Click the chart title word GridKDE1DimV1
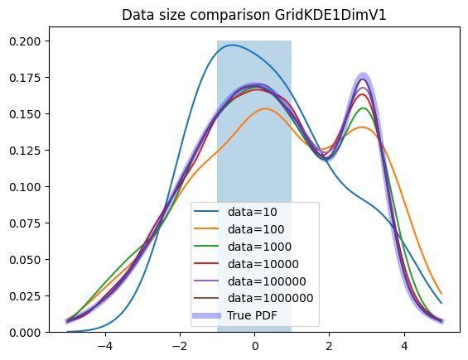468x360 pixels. pyautogui.click(x=330, y=15)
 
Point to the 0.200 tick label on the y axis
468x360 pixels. pyautogui.click(x=25, y=41)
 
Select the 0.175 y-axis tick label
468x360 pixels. pyautogui.click(x=25, y=78)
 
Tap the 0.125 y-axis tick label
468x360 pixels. pyautogui.click(x=25, y=151)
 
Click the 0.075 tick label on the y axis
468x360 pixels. pyautogui.click(x=25, y=223)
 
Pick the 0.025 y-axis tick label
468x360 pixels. pyautogui.click(x=25, y=296)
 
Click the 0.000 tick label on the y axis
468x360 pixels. pyautogui.click(x=25, y=332)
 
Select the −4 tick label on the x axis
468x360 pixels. pyautogui.click(x=105, y=346)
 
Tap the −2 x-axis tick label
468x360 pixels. pyautogui.click(x=180, y=346)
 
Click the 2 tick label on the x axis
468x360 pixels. pyautogui.click(x=329, y=346)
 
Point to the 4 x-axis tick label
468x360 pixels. pyautogui.click(x=404, y=346)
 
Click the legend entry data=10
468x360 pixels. pyautogui.click(x=252, y=212)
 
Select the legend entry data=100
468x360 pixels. pyautogui.click(x=256, y=229)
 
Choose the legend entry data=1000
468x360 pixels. pyautogui.click(x=259, y=247)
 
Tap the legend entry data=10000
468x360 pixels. pyautogui.click(x=263, y=264)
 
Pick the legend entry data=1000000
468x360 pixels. pyautogui.click(x=270, y=298)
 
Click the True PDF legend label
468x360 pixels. pyautogui.click(x=252, y=315)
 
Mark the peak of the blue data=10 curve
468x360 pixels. pyautogui.click(x=232, y=45)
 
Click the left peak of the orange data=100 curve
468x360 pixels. pyautogui.click(x=265, y=109)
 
